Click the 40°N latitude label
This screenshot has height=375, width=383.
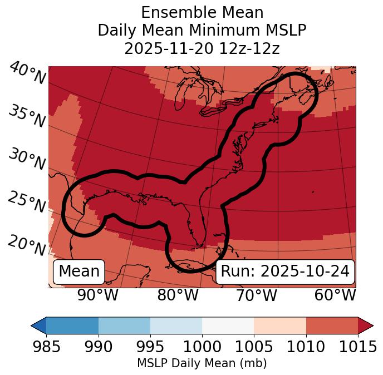click(x=27, y=74)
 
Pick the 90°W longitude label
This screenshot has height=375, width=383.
click(x=98, y=295)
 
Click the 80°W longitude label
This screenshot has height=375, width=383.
click(x=178, y=295)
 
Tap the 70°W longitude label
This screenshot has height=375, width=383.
click(x=256, y=295)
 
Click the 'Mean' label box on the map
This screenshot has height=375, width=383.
click(x=79, y=272)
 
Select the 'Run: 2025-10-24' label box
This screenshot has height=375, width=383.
click(x=285, y=272)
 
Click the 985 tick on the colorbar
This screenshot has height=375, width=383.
click(x=46, y=347)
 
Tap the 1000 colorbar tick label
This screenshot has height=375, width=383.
click(x=202, y=347)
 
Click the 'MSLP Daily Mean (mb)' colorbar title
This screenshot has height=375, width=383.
click(x=202, y=363)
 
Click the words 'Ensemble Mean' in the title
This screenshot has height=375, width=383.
click(x=202, y=12)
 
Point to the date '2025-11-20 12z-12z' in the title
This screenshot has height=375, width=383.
click(x=202, y=48)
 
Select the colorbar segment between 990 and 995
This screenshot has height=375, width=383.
click(x=124, y=325)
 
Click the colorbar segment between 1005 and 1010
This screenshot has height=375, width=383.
click(x=280, y=325)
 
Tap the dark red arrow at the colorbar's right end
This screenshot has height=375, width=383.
click(x=365, y=325)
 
